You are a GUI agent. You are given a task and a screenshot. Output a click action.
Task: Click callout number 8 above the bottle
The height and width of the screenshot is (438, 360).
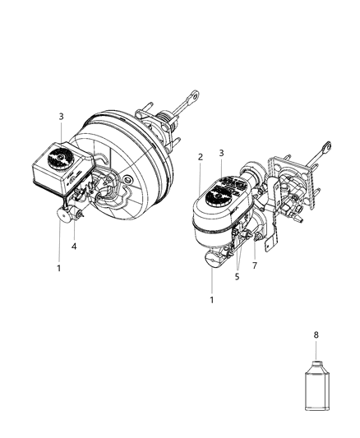(x=316, y=334)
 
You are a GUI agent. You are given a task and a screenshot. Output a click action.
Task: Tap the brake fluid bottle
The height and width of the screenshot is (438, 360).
(x=317, y=385)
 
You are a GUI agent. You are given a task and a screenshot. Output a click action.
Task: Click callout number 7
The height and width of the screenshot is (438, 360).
(x=255, y=265)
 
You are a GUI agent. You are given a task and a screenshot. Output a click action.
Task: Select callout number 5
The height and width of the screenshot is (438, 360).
(x=237, y=277)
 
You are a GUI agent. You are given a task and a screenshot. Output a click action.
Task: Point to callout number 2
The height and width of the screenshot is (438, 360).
(x=201, y=157)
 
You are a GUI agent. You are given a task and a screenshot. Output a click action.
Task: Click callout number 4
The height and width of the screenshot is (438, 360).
(x=74, y=247)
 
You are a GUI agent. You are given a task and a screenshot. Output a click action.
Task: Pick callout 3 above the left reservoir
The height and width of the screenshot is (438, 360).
(x=61, y=117)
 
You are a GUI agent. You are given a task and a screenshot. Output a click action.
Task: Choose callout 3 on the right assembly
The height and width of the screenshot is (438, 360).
(x=221, y=153)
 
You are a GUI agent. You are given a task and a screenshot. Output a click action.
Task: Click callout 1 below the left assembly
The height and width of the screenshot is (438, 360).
(x=58, y=268)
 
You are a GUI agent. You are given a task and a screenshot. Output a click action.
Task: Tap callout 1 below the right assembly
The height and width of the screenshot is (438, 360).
(x=212, y=300)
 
